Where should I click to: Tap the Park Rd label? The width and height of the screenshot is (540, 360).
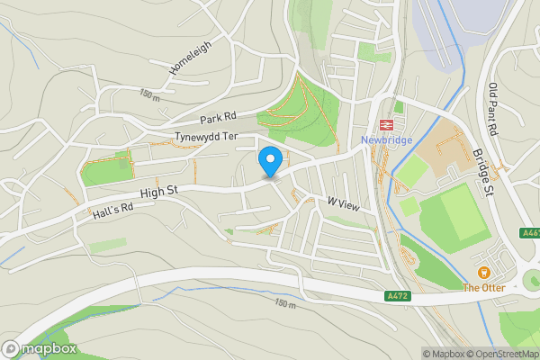(x=218, y=117)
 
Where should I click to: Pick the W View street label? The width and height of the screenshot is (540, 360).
(x=343, y=206)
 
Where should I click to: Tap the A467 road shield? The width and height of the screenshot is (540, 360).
(x=531, y=233)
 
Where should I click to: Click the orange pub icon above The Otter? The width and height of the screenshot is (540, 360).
(x=482, y=273)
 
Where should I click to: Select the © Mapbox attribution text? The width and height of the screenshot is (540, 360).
(x=443, y=354)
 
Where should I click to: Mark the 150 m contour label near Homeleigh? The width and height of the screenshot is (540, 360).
(x=149, y=94)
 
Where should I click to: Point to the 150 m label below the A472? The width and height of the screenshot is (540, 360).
(x=285, y=304)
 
